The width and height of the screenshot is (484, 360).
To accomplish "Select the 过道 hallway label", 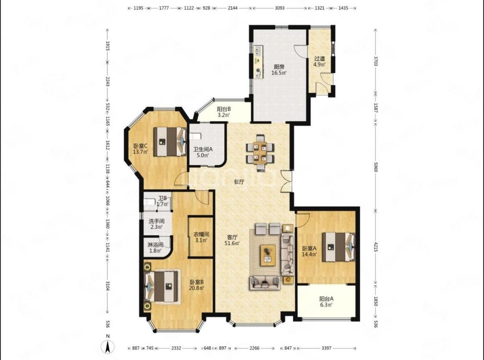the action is (x=320, y=59).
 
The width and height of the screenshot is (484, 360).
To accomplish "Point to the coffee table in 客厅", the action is (x=268, y=255).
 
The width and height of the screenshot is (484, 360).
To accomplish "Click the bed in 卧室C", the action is (x=170, y=142).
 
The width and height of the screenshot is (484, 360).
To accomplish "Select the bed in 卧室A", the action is (x=339, y=247).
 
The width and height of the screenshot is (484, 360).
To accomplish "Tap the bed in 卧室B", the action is (x=162, y=286).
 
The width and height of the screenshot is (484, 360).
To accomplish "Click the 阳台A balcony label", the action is (x=326, y=299).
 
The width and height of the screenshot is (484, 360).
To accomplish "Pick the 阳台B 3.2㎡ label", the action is (x=224, y=112).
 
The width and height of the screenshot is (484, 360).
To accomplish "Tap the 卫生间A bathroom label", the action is (x=203, y=149).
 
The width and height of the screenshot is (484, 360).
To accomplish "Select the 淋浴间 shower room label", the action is (x=155, y=245).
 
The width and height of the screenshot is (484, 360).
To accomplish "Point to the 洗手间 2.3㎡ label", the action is (x=157, y=224).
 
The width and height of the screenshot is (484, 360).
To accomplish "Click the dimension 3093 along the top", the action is (x=280, y=8).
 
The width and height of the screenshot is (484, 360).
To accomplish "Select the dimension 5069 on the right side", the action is (x=376, y=167).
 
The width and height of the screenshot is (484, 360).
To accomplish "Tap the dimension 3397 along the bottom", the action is (x=326, y=348).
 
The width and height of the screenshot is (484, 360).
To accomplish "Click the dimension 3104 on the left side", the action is (x=108, y=286).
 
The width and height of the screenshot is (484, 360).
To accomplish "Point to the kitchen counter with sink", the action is (x=258, y=62).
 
